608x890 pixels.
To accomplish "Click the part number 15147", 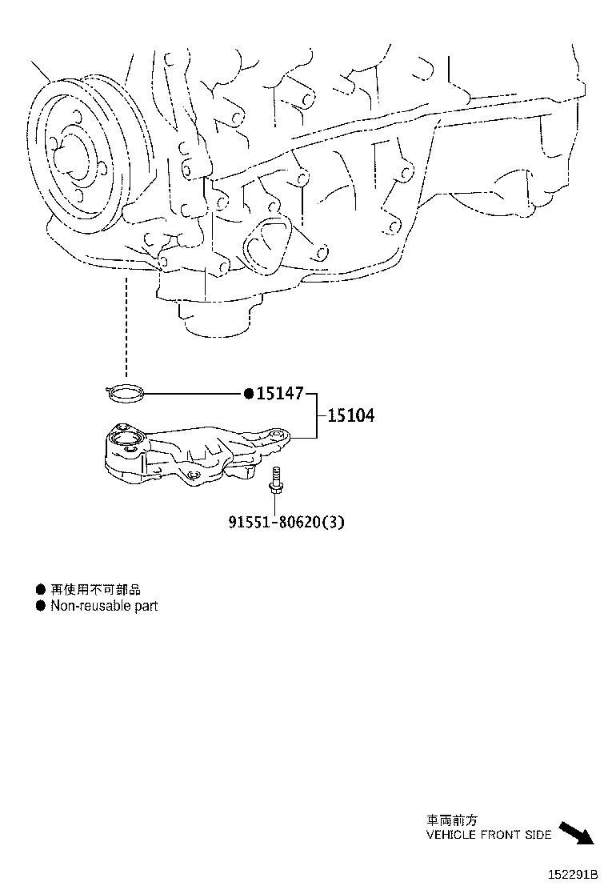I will [281, 393].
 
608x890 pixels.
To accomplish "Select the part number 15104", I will [350, 416].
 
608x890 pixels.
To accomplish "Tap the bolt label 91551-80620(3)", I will [287, 522].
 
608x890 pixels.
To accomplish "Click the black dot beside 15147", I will [249, 393].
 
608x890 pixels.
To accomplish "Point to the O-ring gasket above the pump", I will [126, 392].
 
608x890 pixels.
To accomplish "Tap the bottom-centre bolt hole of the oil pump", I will [192, 478].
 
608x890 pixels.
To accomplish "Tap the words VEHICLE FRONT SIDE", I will [488, 835].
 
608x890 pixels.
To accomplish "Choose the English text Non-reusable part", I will [104, 606].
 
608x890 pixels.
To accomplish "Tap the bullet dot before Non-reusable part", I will [41, 606].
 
